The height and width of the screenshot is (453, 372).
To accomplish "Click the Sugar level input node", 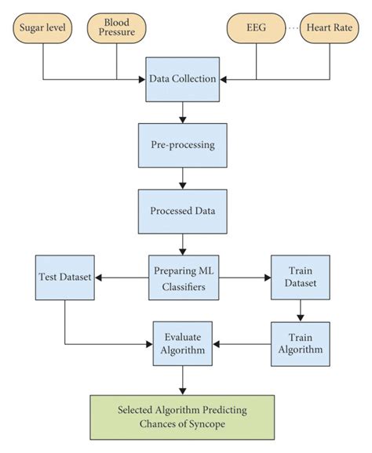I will pyautogui.click(x=42, y=29).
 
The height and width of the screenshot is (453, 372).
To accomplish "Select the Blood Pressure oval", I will pyautogui.click(x=118, y=29).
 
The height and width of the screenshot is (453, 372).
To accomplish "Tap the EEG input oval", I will pyautogui.click(x=255, y=29).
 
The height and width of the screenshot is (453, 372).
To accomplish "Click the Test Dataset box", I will pyautogui.click(x=64, y=277).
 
